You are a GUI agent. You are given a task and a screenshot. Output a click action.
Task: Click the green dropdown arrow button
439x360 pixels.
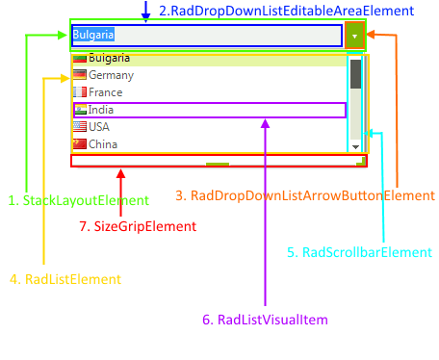click(x=355, y=36)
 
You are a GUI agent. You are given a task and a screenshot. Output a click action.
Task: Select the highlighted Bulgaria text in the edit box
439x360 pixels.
click(x=93, y=36)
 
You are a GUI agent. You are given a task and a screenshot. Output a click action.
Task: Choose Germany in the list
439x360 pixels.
click(x=110, y=75)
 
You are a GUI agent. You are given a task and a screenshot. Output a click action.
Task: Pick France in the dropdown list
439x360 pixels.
click(x=105, y=92)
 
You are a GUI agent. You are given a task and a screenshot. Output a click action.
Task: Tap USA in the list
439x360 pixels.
click(x=99, y=127)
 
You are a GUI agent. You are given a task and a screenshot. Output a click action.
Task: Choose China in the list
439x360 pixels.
click(x=103, y=144)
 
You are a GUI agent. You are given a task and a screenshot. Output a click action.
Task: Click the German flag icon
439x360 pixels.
click(x=80, y=75)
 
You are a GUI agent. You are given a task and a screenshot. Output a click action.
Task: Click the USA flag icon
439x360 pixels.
click(x=80, y=127)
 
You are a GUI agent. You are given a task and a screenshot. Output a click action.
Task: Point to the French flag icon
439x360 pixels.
click(x=80, y=92)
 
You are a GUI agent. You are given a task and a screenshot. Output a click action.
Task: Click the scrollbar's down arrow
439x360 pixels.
click(x=355, y=146)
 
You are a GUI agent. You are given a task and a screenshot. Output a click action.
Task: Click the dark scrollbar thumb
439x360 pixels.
click(x=355, y=74)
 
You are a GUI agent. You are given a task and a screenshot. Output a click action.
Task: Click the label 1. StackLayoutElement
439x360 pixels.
click(x=78, y=201)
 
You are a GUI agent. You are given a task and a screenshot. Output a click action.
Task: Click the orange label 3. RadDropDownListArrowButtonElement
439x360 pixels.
click(x=305, y=195)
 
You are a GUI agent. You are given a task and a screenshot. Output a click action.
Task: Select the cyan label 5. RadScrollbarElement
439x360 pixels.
click(x=358, y=253)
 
